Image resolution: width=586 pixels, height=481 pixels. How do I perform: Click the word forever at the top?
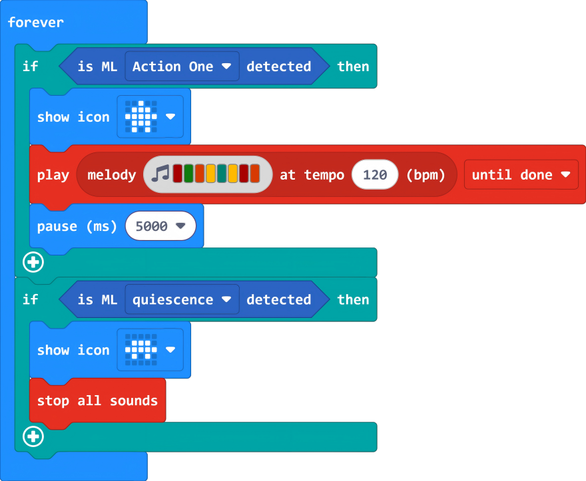point(35,23)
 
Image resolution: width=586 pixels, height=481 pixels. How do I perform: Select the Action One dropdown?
point(181,67)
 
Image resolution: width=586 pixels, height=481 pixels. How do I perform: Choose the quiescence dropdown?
point(181,300)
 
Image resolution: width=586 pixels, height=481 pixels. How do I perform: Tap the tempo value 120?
point(375,175)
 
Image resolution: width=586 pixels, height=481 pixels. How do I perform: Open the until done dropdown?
point(521,175)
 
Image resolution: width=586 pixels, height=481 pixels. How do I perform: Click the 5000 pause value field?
point(160,226)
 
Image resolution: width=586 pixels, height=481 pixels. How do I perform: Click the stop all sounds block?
point(97,401)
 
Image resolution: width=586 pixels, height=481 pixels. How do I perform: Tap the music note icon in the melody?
point(160,174)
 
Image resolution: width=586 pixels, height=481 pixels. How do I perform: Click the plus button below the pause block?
point(33,262)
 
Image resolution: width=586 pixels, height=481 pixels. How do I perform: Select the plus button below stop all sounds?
point(33,437)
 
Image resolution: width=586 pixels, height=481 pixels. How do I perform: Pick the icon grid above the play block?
point(141,117)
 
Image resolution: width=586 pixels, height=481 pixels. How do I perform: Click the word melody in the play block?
point(111,175)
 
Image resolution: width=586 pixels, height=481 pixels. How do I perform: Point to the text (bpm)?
point(426,175)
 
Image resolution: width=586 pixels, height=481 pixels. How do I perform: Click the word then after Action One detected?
point(353,67)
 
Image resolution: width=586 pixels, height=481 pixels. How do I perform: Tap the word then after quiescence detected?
point(353,300)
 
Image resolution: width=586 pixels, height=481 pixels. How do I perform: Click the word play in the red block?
point(53,175)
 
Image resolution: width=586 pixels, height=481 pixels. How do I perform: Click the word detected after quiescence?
point(278,300)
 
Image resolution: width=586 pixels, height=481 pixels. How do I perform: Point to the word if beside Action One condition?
point(31,67)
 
